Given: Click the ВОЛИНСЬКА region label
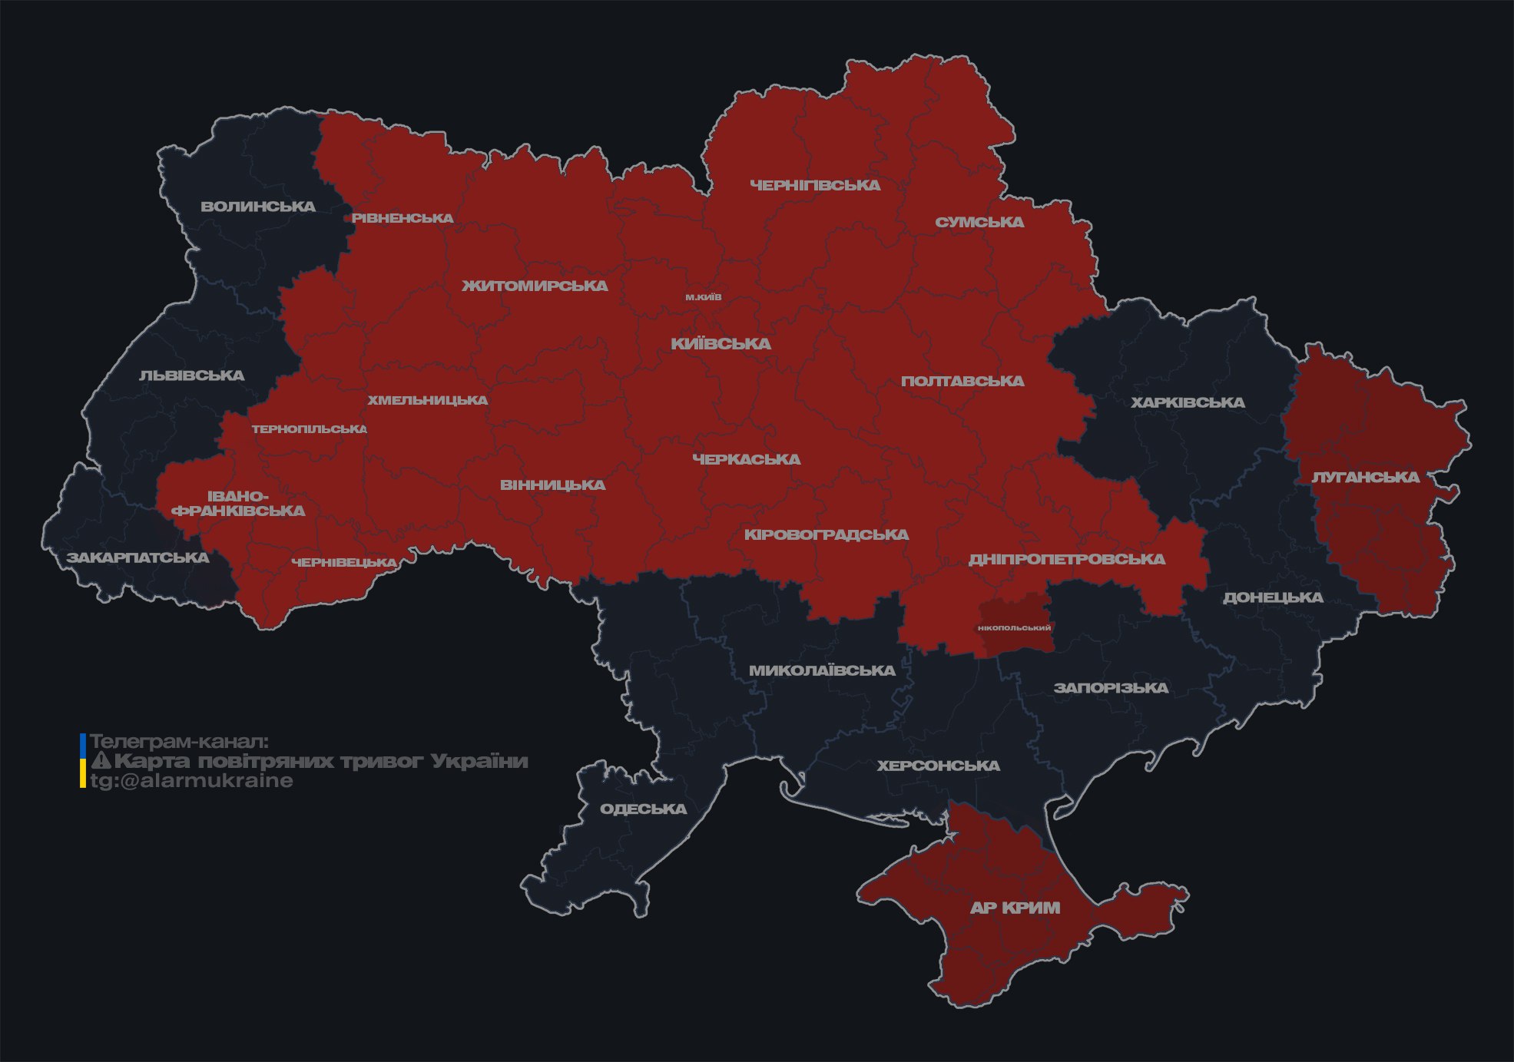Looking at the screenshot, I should [258, 207].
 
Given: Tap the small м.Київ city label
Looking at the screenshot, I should [704, 297].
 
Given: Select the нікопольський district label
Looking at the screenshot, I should [1014, 628].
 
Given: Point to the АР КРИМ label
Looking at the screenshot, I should [1015, 908].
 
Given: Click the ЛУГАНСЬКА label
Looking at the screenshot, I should [1365, 478].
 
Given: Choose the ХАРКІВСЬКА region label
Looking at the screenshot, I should [1188, 402].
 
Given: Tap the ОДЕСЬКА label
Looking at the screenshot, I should [643, 809].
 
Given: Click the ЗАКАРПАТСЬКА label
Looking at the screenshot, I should [137, 557].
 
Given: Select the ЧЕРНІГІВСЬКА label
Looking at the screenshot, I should [815, 185].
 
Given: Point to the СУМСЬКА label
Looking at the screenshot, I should [979, 222].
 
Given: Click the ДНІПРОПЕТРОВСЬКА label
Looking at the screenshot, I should [1066, 559].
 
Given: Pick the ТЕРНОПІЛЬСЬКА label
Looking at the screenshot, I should [310, 429].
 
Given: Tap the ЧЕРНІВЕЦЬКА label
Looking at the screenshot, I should [344, 563].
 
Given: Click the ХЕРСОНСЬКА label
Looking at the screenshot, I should [938, 766].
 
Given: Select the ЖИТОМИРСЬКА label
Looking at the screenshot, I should [535, 286].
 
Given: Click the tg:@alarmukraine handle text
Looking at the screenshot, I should [191, 781].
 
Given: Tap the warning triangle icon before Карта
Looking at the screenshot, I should [101, 762].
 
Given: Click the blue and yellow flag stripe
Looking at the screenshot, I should [83, 761].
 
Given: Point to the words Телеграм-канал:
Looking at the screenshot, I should [179, 742].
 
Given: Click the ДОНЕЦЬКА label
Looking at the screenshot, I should [1273, 597].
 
